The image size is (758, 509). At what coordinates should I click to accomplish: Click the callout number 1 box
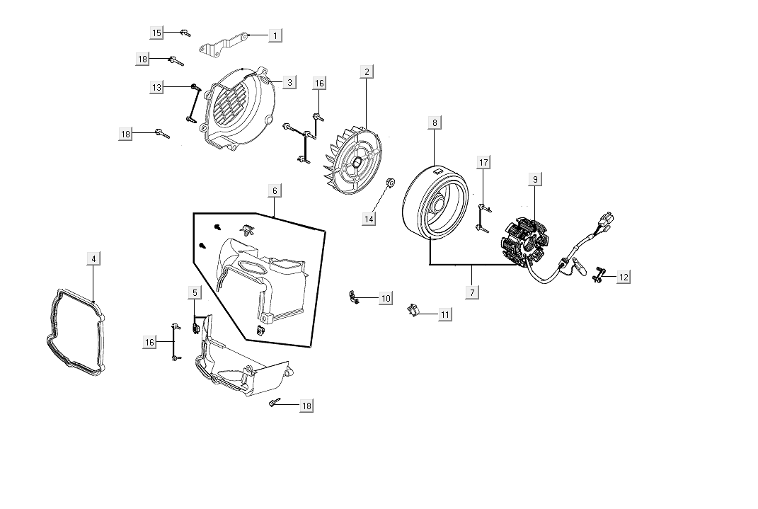(275, 34)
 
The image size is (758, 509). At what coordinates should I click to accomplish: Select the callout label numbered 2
(366, 72)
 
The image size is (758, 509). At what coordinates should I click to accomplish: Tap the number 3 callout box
(289, 82)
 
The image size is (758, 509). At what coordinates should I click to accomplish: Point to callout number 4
(93, 258)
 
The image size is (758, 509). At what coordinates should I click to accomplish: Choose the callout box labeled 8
(435, 122)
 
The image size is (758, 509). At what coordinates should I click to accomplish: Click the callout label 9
(535, 180)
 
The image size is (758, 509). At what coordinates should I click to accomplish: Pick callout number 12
(623, 277)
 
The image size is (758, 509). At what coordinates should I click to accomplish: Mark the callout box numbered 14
(369, 219)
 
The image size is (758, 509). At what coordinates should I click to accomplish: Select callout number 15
(156, 33)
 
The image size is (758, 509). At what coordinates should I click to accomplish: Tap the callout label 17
(483, 163)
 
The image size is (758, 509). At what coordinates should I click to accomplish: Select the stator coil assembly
(525, 239)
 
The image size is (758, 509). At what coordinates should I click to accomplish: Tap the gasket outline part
(74, 330)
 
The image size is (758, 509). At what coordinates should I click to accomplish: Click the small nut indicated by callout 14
(389, 185)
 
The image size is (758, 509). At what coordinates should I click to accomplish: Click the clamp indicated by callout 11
(416, 309)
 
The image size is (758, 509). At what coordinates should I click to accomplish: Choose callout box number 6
(275, 190)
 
